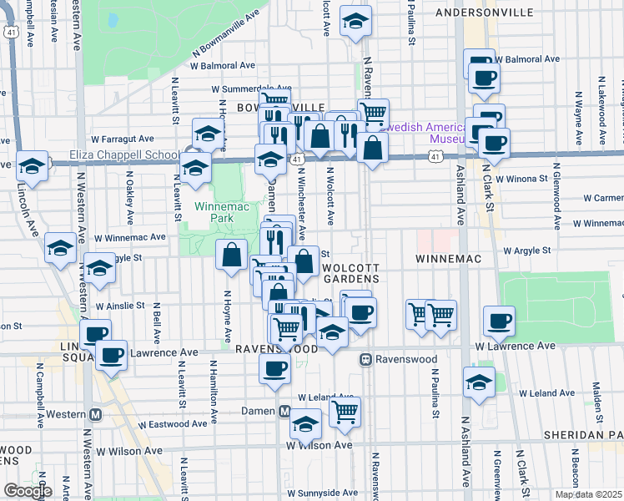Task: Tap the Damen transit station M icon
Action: tap(284, 412)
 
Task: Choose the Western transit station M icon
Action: tap(95, 414)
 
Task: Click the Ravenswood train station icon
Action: tap(365, 359)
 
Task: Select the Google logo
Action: tap(27, 491)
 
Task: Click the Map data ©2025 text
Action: tap(588, 494)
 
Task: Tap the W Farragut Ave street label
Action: tap(123, 139)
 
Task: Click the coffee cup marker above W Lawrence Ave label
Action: tap(499, 320)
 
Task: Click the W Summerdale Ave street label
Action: tap(250, 89)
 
